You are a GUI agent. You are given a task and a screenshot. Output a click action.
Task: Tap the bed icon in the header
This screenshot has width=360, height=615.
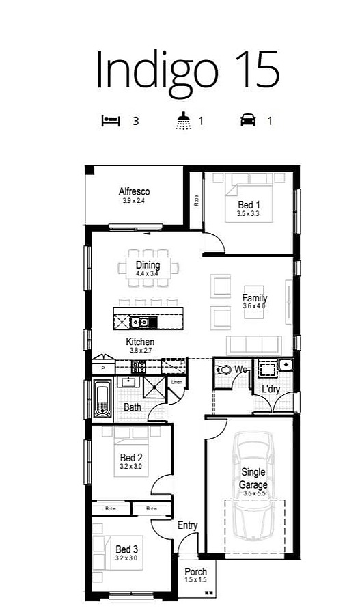point(111,121)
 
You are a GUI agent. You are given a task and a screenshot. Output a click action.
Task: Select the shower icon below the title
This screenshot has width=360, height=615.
point(183,122)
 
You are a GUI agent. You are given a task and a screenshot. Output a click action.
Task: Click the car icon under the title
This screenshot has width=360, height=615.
point(247,121)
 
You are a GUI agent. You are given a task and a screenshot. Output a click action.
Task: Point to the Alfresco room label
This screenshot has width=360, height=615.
point(134,191)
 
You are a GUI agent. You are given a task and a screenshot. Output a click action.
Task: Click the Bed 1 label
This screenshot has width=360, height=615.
point(249,204)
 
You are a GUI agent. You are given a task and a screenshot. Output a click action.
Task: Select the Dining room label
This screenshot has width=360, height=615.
point(148,265)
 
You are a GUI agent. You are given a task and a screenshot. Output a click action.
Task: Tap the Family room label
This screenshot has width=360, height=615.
point(254,298)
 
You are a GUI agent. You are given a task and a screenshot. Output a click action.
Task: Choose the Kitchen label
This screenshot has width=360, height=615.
point(139,342)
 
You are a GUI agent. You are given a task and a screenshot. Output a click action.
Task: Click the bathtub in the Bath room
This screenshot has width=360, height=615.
point(102,400)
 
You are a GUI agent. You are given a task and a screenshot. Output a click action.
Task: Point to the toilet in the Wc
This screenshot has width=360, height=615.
point(223,370)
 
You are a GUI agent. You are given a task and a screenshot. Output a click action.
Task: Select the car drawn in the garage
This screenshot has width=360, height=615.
point(253,478)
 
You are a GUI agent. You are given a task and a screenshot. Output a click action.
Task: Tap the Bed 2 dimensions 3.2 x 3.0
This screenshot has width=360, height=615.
point(131,467)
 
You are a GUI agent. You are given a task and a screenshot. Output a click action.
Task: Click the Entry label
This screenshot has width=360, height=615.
point(187,525)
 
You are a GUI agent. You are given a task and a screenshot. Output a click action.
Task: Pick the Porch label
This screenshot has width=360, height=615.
point(195,571)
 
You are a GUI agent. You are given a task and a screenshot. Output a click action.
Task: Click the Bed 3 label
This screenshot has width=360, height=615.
point(126,549)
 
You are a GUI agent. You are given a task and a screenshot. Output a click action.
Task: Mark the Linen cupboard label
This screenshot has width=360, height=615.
point(176,382)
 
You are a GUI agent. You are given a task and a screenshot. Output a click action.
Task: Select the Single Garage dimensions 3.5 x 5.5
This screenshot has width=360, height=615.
point(253,493)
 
